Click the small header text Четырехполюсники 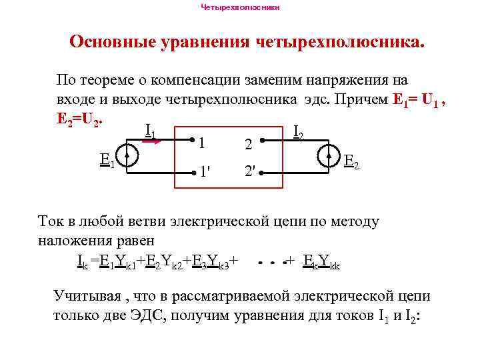[240, 7]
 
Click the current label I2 [298, 135]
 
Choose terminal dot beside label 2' [264, 171]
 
